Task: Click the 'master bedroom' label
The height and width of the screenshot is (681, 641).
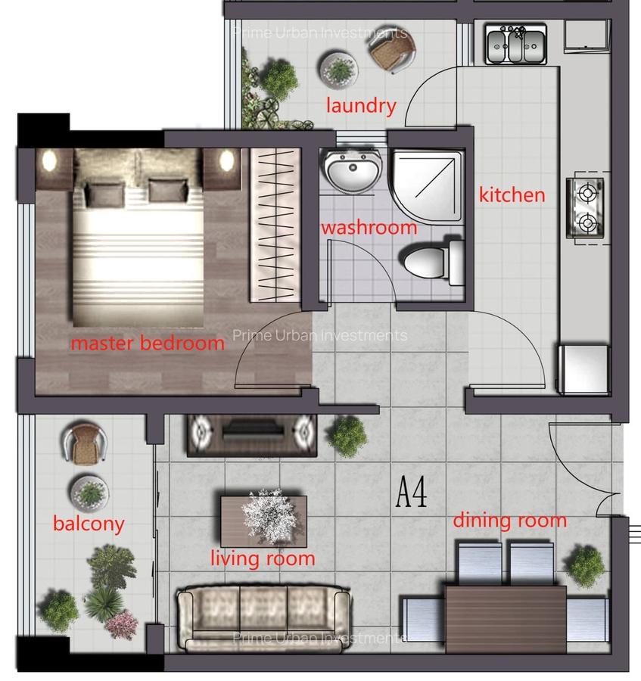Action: click(148, 343)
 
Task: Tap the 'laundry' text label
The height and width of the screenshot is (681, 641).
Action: click(361, 105)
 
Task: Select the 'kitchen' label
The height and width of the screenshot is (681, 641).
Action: click(512, 194)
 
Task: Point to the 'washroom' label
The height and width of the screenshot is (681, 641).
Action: click(369, 227)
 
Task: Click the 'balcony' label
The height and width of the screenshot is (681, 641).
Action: click(89, 523)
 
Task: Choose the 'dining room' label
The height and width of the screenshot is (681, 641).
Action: click(509, 520)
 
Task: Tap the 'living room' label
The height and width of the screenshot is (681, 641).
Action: click(262, 558)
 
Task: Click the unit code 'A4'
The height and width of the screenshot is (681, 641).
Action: click(412, 493)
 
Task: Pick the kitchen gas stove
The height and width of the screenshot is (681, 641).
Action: click(587, 207)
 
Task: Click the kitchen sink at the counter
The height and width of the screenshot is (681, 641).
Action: click(516, 45)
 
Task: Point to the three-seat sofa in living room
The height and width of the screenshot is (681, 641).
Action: click(263, 618)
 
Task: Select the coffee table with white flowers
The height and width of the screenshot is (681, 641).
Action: click(263, 518)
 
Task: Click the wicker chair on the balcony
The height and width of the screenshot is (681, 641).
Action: click(82, 443)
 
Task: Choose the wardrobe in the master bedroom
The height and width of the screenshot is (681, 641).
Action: click(275, 224)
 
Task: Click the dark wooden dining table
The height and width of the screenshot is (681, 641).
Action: click(506, 618)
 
